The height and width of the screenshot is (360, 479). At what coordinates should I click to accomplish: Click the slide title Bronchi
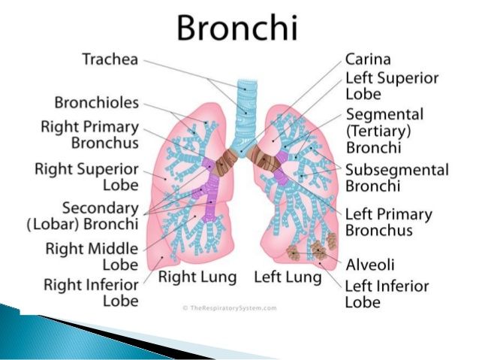pyautogui.click(x=237, y=27)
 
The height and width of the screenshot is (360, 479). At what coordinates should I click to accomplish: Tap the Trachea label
pyautogui.click(x=110, y=59)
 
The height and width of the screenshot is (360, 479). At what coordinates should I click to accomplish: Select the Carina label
pyautogui.click(x=368, y=59)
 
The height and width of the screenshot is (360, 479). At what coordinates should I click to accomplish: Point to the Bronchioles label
pyautogui.click(x=97, y=102)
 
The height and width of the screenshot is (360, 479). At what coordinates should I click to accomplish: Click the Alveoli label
pyautogui.click(x=370, y=265)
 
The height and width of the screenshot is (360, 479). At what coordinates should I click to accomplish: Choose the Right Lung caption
pyautogui.click(x=197, y=277)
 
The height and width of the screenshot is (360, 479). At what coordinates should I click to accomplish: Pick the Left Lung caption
pyautogui.click(x=288, y=277)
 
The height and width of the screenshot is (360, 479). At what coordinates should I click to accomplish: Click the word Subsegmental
pyautogui.click(x=397, y=170)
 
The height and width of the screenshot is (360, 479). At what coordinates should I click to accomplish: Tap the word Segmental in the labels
pyautogui.click(x=384, y=115)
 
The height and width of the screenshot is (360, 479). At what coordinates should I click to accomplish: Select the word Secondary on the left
pyautogui.click(x=101, y=208)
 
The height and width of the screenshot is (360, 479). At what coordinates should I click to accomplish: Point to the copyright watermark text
pyautogui.click(x=230, y=308)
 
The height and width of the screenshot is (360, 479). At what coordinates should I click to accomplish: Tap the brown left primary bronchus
pyautogui.click(x=264, y=159)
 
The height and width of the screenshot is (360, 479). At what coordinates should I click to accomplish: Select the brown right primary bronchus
pyautogui.click(x=225, y=162)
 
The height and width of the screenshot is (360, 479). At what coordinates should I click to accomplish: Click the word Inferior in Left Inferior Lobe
pyautogui.click(x=405, y=286)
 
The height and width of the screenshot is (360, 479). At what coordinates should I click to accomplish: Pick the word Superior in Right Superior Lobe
pyautogui.click(x=107, y=169)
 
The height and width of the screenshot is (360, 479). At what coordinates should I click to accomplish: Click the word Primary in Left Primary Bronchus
pyautogui.click(x=402, y=215)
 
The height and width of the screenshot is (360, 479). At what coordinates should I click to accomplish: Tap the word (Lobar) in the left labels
pyautogui.click(x=53, y=225)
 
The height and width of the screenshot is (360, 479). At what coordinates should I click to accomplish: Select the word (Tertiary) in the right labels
pyautogui.click(x=378, y=132)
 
